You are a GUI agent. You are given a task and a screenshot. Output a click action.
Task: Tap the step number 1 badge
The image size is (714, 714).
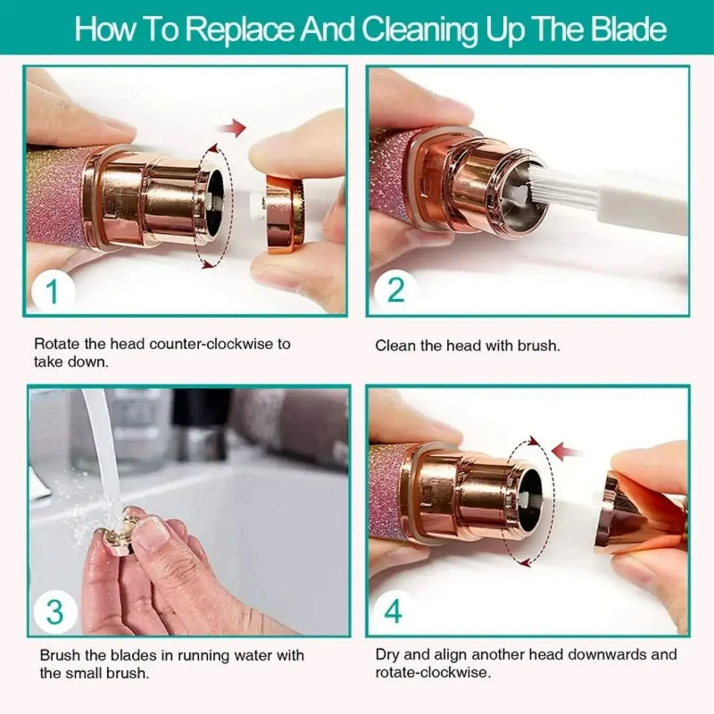click(53, 291)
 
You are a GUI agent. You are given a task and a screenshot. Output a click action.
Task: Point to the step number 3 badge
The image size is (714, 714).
click(55, 611)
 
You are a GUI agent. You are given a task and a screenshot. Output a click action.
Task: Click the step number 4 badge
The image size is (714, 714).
click(393, 611)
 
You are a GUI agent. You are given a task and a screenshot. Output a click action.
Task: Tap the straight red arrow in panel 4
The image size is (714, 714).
click(566, 452)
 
